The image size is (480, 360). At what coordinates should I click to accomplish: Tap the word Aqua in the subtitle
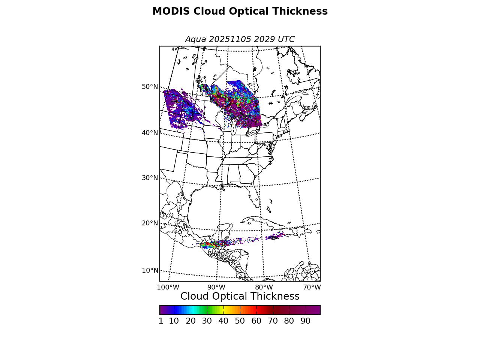pyautogui.click(x=196, y=39)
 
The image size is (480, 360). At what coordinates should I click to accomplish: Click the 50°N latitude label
pyautogui.click(x=150, y=87)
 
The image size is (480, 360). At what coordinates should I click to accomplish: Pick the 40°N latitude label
pyautogui.click(x=150, y=133)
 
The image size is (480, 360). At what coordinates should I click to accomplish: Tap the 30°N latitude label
pyautogui.click(x=150, y=178)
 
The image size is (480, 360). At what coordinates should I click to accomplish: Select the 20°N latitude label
pyautogui.click(x=150, y=223)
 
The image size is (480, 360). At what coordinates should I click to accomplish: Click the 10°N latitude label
pyautogui.click(x=150, y=270)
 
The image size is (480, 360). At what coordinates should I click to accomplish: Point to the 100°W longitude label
pyautogui.click(x=168, y=287)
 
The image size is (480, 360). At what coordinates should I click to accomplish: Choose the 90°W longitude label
pyautogui.click(x=216, y=287)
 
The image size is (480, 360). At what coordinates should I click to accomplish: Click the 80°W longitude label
pyautogui.click(x=264, y=287)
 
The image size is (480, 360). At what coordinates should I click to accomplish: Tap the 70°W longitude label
pyautogui.click(x=312, y=287)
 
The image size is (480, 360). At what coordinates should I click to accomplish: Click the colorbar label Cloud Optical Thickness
pyautogui.click(x=240, y=297)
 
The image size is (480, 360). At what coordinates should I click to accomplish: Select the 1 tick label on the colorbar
pyautogui.click(x=161, y=321)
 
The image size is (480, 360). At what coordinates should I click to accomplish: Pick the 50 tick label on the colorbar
pyautogui.click(x=240, y=321)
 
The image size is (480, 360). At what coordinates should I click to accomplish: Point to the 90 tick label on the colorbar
pyautogui.click(x=305, y=321)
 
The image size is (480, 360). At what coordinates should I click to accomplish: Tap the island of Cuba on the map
pyautogui.click(x=262, y=221)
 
